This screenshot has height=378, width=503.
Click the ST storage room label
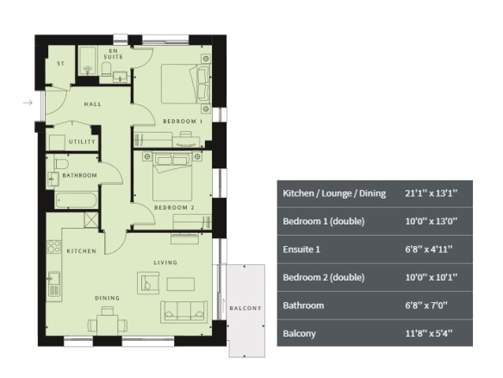pos(60,64)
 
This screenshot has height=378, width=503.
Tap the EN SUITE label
pos(113,54)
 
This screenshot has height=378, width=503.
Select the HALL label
pos(93,104)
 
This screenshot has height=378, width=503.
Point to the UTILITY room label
pos(82,142)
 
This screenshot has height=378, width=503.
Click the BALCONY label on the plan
pos(245,308)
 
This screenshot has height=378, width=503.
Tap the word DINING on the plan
pos(107,298)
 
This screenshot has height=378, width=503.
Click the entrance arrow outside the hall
pos(28,103)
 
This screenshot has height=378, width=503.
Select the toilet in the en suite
pos(106,69)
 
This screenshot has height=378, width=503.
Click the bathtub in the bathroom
pos(76,200)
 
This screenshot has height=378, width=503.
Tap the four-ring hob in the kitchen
pos(53,247)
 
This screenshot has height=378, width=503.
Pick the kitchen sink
pos(54,284)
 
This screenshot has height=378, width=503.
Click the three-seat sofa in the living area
pos(183,312)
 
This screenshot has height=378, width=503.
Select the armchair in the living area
pos(148,283)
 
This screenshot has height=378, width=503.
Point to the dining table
pos(108,324)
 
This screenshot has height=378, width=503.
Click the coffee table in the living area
pos(181,284)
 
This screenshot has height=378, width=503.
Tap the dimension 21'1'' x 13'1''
pos(432,193)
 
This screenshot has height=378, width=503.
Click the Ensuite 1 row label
pos(301,249)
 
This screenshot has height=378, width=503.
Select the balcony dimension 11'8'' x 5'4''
pos(429,333)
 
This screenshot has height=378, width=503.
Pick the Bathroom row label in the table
pos(303,305)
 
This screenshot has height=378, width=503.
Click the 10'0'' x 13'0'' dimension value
pos(432,221)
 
